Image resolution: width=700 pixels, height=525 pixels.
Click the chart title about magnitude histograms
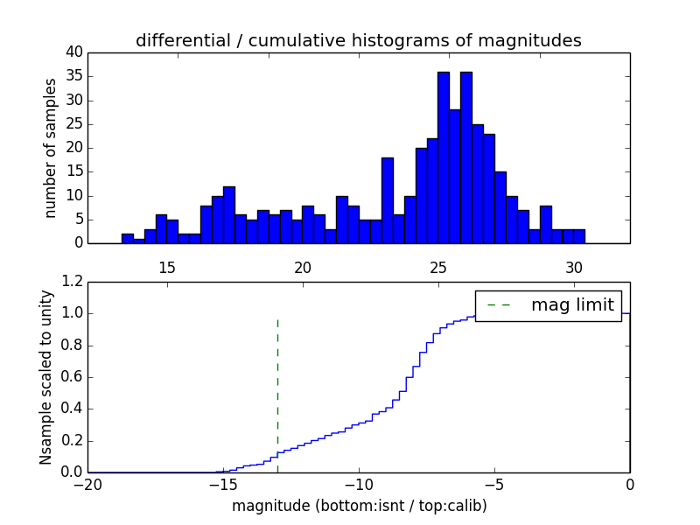coord(359,40)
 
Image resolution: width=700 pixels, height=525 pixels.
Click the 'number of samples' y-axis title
coord(51,148)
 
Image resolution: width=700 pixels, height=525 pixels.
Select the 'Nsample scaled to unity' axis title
coord(46,377)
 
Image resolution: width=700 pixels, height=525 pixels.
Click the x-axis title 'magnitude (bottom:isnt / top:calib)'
coord(359,506)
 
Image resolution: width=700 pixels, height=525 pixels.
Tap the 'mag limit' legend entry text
coord(573,305)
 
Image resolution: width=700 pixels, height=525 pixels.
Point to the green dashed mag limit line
coord(277,385)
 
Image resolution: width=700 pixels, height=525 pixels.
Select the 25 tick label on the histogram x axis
coord(438,268)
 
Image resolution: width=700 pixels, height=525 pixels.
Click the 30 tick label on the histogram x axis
coord(574,268)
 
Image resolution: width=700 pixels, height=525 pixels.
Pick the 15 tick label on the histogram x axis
coord(167,268)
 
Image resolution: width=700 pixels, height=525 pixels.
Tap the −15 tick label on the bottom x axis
coord(222,484)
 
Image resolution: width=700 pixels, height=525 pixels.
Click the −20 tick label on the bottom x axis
coord(87,484)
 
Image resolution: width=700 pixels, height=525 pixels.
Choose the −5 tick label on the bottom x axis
coord(493,484)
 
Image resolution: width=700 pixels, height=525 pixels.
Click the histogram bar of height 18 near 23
coord(387,200)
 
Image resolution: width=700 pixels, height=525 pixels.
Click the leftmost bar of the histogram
coord(128,238)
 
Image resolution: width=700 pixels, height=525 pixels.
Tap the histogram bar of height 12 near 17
coord(229,214)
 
